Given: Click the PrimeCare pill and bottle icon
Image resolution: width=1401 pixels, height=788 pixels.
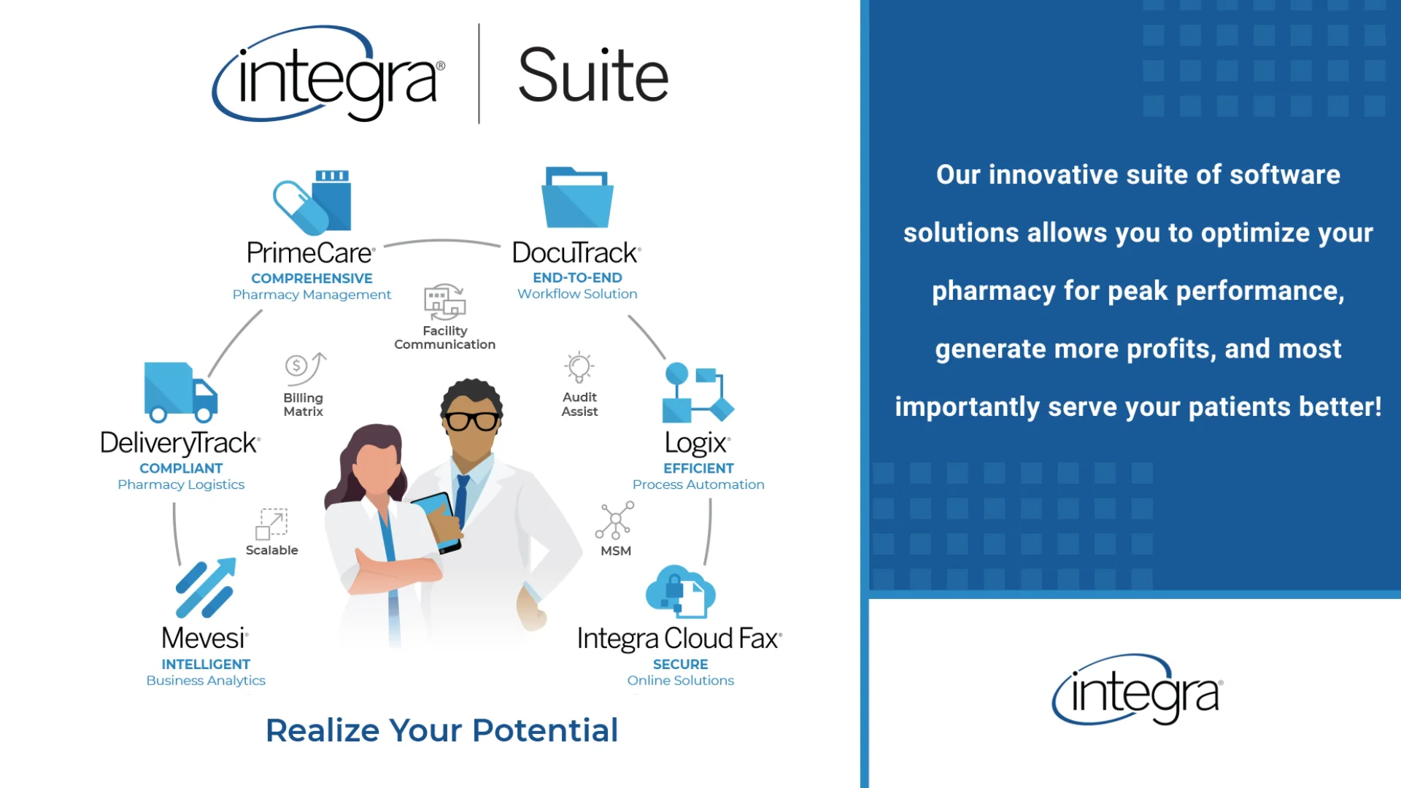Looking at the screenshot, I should [x=312, y=202].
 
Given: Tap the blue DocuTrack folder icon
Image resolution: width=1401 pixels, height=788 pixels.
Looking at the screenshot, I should [x=577, y=198].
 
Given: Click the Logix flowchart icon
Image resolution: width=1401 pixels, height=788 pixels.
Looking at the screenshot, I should [x=698, y=394].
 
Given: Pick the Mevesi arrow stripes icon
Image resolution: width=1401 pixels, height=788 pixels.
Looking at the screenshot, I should [x=206, y=588].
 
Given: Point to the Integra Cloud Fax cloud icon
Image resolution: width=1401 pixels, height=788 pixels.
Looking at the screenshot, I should [x=680, y=591].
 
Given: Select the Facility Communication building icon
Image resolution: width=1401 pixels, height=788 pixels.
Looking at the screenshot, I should [x=444, y=302].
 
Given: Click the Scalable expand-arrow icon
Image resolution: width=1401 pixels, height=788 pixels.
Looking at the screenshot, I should [x=271, y=524].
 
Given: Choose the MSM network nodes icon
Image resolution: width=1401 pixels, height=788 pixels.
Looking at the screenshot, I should [x=614, y=520].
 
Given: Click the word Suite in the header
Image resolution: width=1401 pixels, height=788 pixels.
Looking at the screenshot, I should [x=593, y=75].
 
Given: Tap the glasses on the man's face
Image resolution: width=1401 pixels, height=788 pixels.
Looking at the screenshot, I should [x=472, y=421].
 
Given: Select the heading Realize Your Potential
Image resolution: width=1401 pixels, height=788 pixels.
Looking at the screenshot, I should [x=441, y=730].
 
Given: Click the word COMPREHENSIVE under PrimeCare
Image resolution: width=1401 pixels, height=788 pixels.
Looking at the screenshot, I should [x=312, y=278].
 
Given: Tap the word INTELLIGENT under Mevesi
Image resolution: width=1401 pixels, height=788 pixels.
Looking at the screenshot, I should [x=206, y=664].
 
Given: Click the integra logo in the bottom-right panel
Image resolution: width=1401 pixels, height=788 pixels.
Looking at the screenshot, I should [x=1137, y=690].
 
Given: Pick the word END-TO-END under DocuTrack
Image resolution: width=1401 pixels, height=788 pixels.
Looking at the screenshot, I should [x=577, y=277].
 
